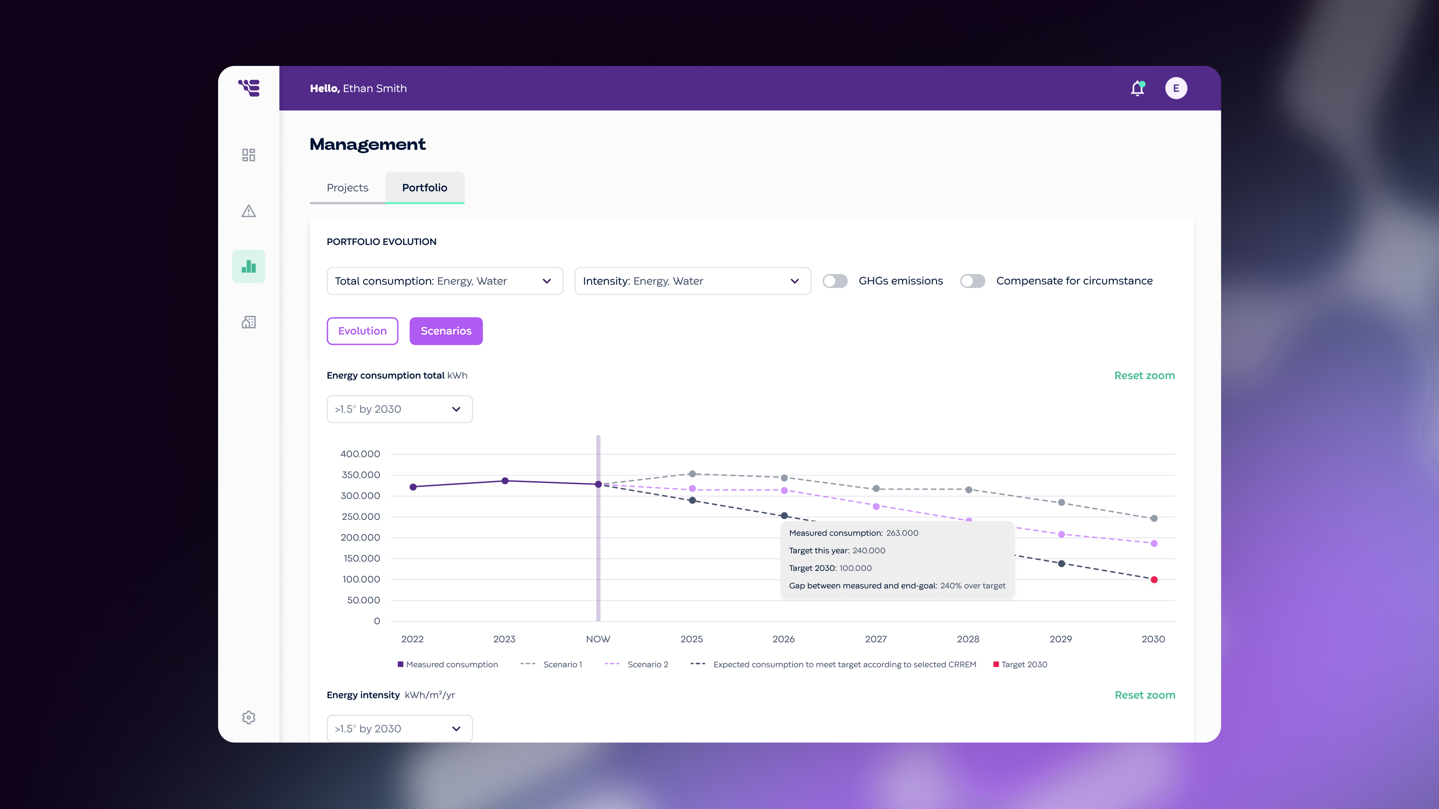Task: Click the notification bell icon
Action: click(x=1137, y=88)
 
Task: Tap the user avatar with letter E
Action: click(x=1176, y=88)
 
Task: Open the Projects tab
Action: click(x=347, y=188)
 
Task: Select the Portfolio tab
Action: click(x=425, y=188)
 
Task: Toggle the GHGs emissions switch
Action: click(x=835, y=281)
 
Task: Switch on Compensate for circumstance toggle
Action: click(x=972, y=281)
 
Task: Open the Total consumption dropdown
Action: click(x=445, y=281)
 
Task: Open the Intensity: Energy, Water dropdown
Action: click(x=692, y=281)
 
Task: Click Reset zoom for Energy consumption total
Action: click(x=1144, y=376)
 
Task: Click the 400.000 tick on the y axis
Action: click(x=360, y=454)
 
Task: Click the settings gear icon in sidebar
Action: click(x=248, y=718)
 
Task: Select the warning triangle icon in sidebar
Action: click(x=248, y=211)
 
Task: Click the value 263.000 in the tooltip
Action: click(x=902, y=533)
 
